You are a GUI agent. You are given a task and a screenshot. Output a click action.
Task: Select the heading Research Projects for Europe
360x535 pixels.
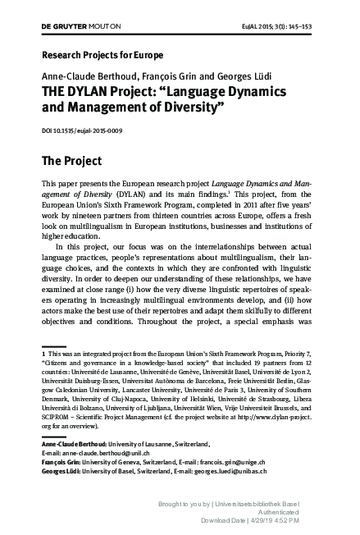coord(91,60)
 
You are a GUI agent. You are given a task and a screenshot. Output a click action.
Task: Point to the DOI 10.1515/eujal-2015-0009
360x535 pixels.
coord(80,129)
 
